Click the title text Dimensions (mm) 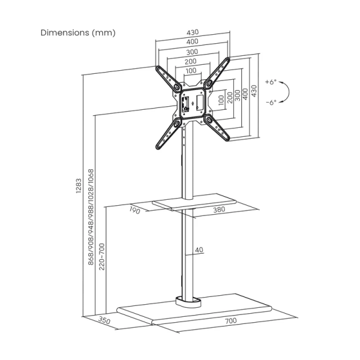point(78,32)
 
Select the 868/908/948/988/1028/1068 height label point(91,217)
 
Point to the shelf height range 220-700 point(101,254)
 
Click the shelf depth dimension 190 point(134,210)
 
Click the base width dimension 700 point(230,320)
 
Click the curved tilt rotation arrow point(287,92)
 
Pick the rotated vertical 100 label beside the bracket point(221,100)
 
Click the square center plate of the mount point(193,99)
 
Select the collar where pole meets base point(187,299)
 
